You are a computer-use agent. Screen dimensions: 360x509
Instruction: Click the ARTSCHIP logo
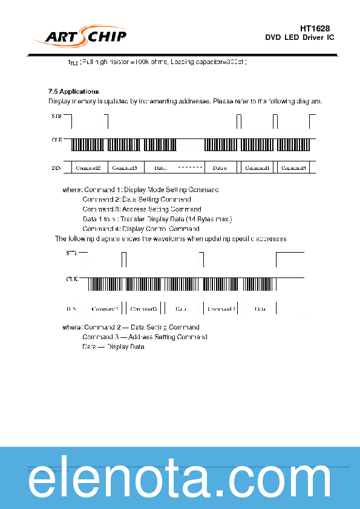pos(85,36)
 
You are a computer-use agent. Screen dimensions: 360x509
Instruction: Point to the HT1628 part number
pos(315,28)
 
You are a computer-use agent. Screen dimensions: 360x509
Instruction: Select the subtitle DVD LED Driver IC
pos(299,37)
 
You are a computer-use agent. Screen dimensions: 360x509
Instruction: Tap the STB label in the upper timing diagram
pos(56,115)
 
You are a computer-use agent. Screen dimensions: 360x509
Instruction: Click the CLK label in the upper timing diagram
pos(56,140)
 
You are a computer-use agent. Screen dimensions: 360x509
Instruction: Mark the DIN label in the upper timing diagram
pos(56,167)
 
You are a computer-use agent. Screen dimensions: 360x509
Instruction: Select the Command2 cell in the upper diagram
pos(88,167)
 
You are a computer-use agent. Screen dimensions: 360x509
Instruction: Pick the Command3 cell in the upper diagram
pos(125,167)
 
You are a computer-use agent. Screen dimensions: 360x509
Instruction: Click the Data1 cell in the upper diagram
pos(160,167)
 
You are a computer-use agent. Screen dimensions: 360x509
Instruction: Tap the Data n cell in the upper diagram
pos(220,167)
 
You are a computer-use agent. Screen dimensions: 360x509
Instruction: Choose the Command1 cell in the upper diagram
pos(257,167)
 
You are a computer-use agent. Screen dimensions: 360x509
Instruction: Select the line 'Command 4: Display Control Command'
pos(141,229)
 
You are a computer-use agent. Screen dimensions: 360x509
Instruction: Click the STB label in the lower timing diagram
pos(71,253)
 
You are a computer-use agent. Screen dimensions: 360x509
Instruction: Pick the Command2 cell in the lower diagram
pos(105,309)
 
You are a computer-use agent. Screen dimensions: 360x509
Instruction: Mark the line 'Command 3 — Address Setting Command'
pos(145,337)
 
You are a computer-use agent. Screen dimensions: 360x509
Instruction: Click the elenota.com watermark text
pos(180,481)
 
